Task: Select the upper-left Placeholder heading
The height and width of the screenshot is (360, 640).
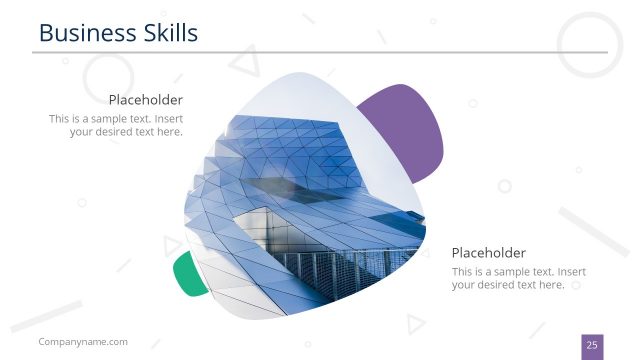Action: coord(145,100)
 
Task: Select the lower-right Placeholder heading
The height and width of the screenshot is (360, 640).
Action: coord(488,253)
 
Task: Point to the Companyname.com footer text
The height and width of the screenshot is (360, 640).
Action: coord(83,342)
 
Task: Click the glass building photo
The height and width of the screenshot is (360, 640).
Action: coord(300,200)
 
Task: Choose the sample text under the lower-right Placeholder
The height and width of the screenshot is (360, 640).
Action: coord(518,278)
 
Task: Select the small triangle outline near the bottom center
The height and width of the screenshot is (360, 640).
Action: coord(414,323)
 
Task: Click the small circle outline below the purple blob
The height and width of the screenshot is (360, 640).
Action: coord(504,186)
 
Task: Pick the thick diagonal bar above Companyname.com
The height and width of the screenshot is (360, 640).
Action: coord(46,316)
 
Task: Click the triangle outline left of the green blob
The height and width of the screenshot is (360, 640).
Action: coord(172,246)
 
